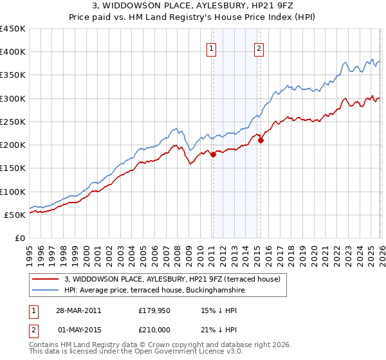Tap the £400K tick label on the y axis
tap(13, 52)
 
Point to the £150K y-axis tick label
tap(13, 168)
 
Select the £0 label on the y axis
tap(20, 239)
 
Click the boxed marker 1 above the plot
tap(212, 47)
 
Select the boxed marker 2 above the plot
tap(259, 47)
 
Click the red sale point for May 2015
tap(261, 141)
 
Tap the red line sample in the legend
tap(46, 280)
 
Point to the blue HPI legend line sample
tap(46, 291)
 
